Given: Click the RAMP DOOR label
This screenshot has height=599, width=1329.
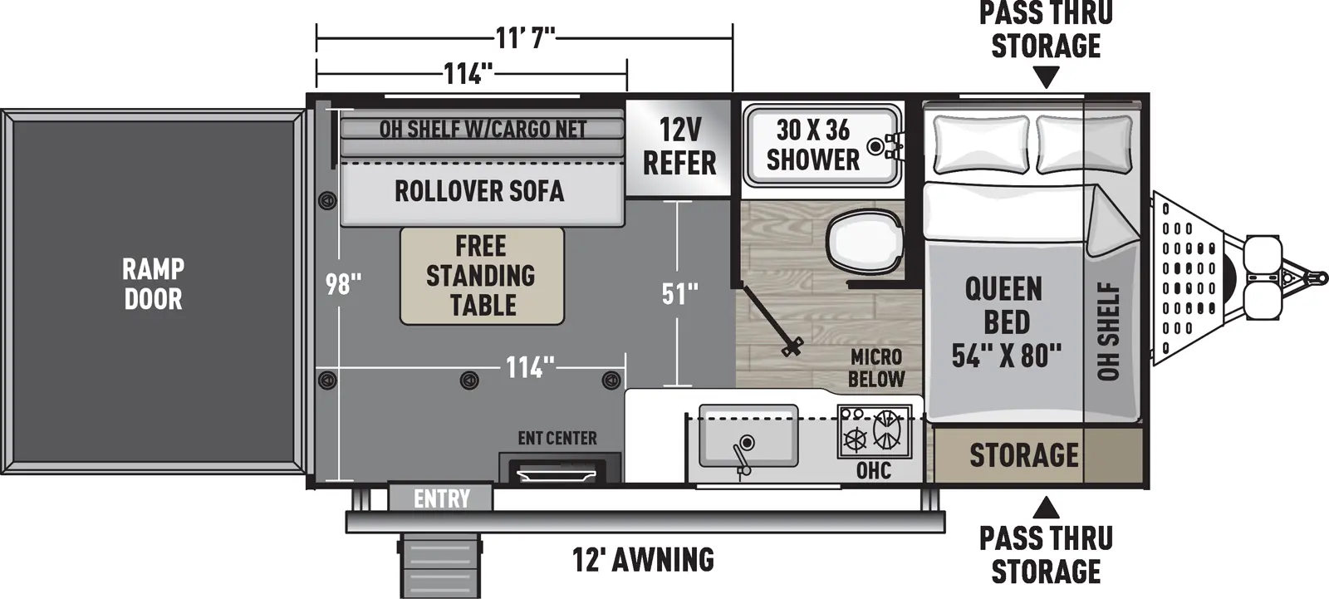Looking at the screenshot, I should coord(153,283).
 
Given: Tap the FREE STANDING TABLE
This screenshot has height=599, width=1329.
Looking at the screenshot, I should coord(481,276).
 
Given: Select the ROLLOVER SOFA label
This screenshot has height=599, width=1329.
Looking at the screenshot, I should coord(479,191).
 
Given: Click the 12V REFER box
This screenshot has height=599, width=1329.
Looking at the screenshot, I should coord(679,147).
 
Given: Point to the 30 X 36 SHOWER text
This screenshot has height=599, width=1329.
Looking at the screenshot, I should coord(812,145).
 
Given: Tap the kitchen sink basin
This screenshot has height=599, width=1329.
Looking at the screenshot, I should coord(748,435).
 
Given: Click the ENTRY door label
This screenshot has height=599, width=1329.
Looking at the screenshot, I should coord(441,498).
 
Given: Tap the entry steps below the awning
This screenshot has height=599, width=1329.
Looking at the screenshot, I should coord(440,565).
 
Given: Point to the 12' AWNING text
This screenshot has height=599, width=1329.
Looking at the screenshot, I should coord(643,559).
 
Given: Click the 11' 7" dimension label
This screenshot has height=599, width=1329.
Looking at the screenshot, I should coord(525,37).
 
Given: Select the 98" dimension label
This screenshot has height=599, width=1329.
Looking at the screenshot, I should coord(343,285).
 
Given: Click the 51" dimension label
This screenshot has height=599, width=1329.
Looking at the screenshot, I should coord(679,293).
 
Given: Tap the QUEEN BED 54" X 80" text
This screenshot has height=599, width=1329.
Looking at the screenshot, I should coord(1005,322).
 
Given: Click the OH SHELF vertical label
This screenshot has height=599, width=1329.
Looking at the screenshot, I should coord(1109,331).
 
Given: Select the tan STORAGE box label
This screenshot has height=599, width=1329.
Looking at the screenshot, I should coord(1023,455).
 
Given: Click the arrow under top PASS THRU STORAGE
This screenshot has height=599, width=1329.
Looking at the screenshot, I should coord(1047,79).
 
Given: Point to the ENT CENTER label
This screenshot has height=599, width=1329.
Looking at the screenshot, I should coord(557,438).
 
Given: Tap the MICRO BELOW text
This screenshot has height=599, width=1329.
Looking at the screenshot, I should coord(875,368).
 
